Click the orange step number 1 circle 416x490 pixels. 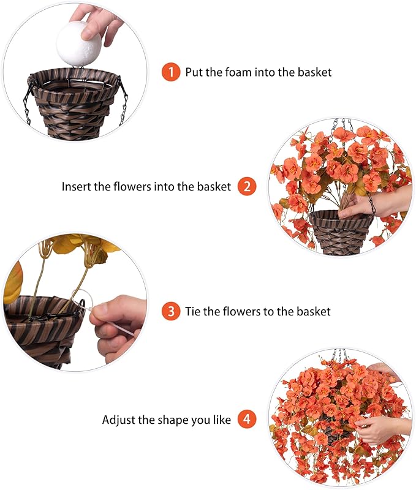(171, 72)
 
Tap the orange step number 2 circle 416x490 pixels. (246, 186)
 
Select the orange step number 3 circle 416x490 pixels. (171, 311)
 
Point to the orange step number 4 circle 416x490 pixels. (246, 420)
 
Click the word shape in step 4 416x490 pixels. (175, 421)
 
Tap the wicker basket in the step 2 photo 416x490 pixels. (339, 230)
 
